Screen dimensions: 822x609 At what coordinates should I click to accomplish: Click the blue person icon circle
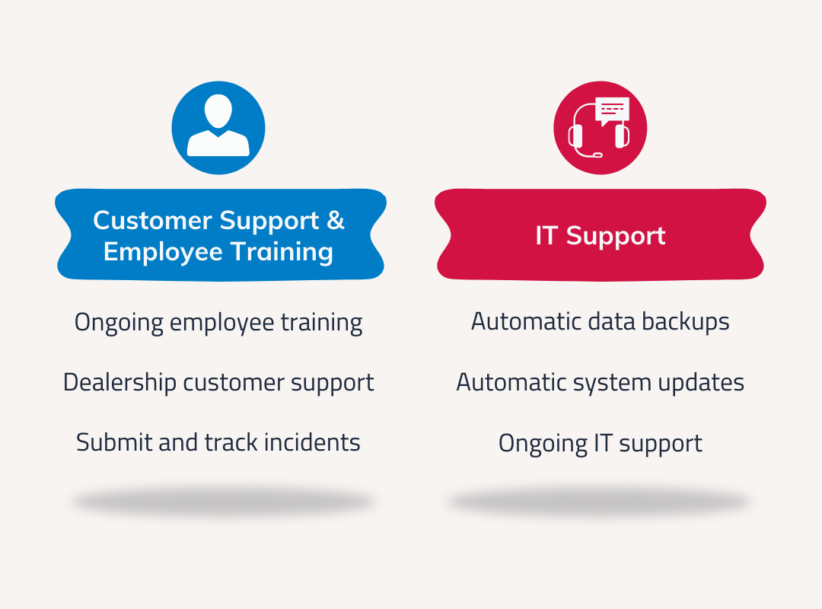click(x=218, y=128)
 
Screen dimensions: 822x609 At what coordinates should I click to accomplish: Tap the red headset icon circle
click(x=601, y=128)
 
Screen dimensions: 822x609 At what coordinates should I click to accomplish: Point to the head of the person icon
click(x=218, y=111)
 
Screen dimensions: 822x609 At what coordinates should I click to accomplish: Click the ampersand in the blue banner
click(x=336, y=220)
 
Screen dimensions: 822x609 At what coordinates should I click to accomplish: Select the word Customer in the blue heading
click(x=153, y=220)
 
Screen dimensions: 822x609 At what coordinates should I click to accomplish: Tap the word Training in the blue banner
click(x=282, y=252)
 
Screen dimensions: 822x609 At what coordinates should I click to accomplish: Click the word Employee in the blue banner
click(x=163, y=252)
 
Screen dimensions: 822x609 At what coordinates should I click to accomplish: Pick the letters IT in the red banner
click(x=546, y=235)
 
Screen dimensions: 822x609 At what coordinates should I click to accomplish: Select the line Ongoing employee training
click(x=218, y=323)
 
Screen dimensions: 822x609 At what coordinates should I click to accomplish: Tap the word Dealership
click(x=119, y=382)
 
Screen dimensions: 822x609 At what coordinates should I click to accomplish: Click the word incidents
click(x=312, y=442)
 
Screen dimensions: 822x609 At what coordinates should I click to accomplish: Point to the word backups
click(x=686, y=322)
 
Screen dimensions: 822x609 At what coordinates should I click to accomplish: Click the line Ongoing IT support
click(x=601, y=444)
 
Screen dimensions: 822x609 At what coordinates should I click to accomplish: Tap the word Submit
click(x=114, y=442)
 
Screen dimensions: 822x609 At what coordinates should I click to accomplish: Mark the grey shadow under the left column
click(x=223, y=502)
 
